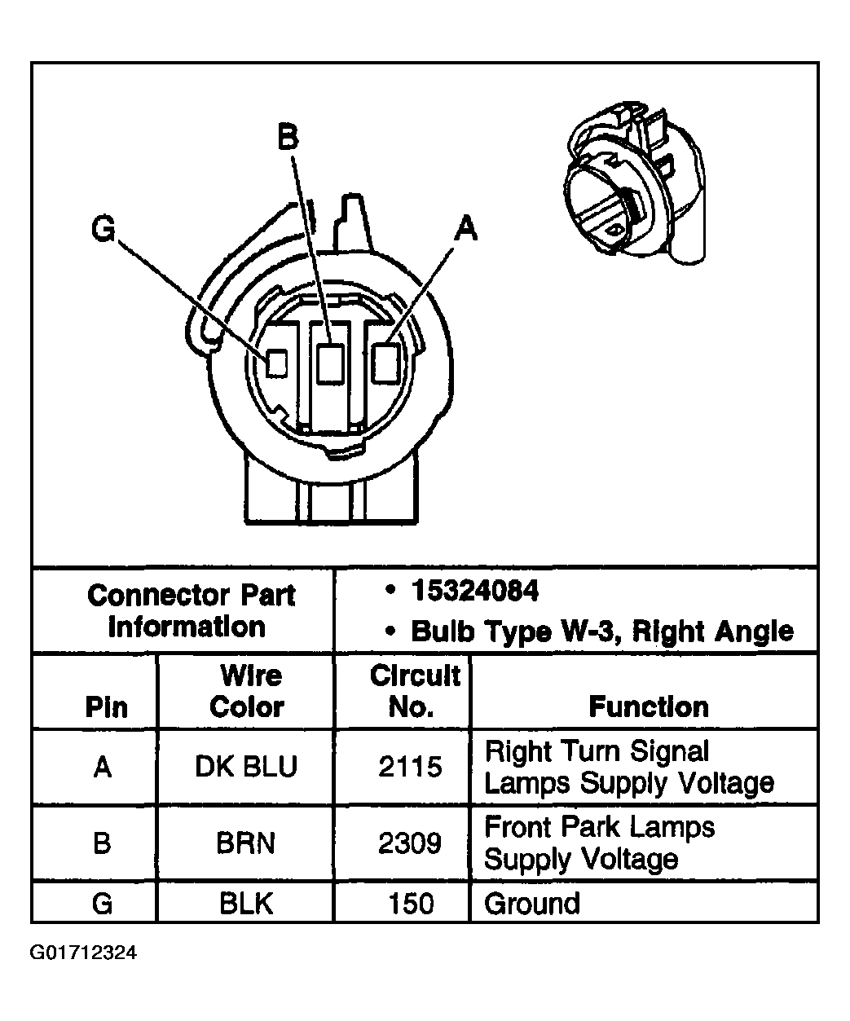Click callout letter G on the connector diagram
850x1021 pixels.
click(x=103, y=230)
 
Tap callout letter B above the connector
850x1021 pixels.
click(x=288, y=137)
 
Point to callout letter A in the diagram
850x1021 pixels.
click(x=465, y=229)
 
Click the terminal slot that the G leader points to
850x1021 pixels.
click(x=277, y=363)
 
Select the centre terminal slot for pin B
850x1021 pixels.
click(x=330, y=363)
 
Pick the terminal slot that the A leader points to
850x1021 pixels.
click(x=385, y=363)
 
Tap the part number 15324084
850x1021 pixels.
click(x=474, y=591)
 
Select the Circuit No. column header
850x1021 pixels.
click(x=414, y=691)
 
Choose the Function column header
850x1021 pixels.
click(x=648, y=706)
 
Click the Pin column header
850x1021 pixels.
click(x=107, y=706)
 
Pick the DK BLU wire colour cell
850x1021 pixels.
click(x=246, y=767)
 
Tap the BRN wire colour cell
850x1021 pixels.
click(x=246, y=843)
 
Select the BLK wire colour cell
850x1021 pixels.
click(x=246, y=904)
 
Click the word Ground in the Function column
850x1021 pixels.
click(x=532, y=904)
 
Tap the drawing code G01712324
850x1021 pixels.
click(x=84, y=953)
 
